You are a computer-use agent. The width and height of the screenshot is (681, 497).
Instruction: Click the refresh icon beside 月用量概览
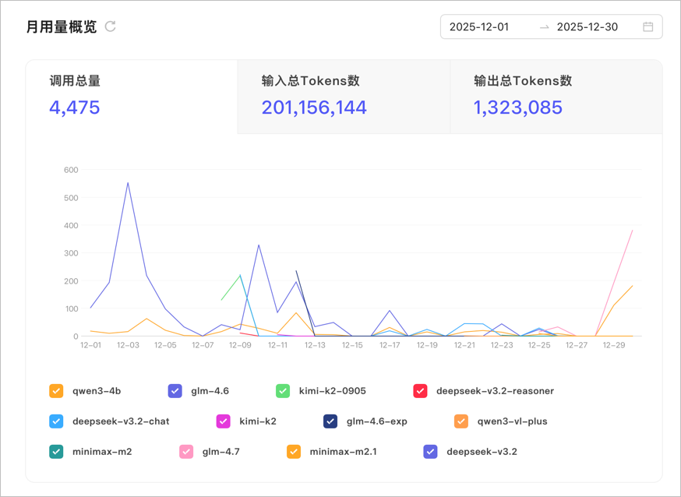(x=111, y=26)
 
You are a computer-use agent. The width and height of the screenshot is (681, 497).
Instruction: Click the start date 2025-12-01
(x=479, y=27)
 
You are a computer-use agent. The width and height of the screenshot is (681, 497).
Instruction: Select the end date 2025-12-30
(x=587, y=27)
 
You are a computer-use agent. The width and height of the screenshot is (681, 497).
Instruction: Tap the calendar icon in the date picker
(x=647, y=27)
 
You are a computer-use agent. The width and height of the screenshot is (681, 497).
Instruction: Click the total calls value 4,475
(x=75, y=108)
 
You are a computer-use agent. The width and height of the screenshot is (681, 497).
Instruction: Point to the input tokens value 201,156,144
(x=314, y=108)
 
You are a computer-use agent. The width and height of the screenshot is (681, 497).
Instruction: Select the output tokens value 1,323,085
(x=517, y=108)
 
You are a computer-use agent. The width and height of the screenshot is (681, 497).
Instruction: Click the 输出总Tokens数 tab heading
(x=523, y=81)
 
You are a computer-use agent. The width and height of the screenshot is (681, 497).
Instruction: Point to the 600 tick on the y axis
(x=71, y=170)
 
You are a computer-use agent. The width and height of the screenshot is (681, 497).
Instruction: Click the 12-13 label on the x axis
(x=315, y=345)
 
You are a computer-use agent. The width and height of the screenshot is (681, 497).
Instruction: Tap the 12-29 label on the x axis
(x=614, y=345)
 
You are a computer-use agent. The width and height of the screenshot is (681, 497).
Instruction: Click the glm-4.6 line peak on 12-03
(x=128, y=183)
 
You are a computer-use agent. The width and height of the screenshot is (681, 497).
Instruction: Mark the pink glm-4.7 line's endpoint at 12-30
(x=633, y=231)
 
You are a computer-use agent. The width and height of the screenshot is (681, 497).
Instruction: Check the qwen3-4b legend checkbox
(x=56, y=390)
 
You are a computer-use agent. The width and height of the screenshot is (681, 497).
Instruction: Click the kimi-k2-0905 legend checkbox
(x=283, y=390)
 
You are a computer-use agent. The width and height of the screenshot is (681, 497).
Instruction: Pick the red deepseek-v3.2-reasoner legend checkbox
(x=420, y=390)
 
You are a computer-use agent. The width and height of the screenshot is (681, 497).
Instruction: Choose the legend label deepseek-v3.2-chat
(x=121, y=421)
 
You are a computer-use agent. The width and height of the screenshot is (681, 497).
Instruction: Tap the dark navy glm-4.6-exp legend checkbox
(x=330, y=421)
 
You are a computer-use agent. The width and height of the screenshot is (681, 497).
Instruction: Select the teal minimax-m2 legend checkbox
(x=56, y=451)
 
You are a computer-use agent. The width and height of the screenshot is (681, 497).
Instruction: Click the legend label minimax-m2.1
(x=343, y=451)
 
